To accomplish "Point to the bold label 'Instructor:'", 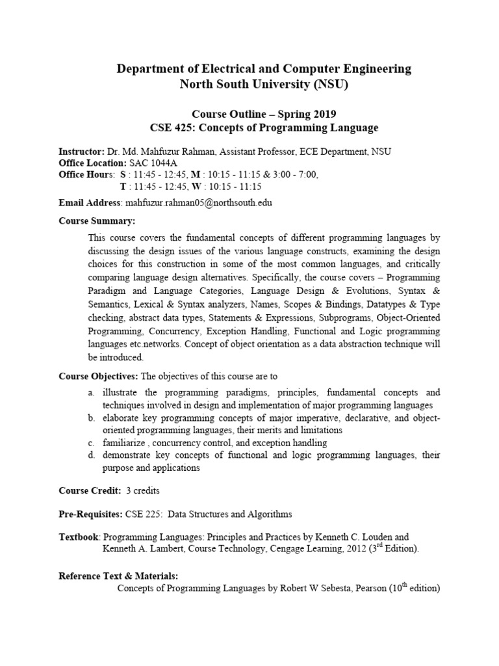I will coord(81,151).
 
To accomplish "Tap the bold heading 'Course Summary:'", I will coord(96,221).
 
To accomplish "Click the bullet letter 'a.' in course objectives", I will coord(92,392).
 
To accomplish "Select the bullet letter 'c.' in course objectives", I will coord(92,442).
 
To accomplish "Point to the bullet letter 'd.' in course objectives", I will coord(92,455).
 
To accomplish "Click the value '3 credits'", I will coord(144,490).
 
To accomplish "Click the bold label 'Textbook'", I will coord(79,537).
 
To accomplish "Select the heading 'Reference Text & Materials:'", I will coord(118,576).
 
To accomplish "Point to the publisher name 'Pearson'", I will coord(368,589).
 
